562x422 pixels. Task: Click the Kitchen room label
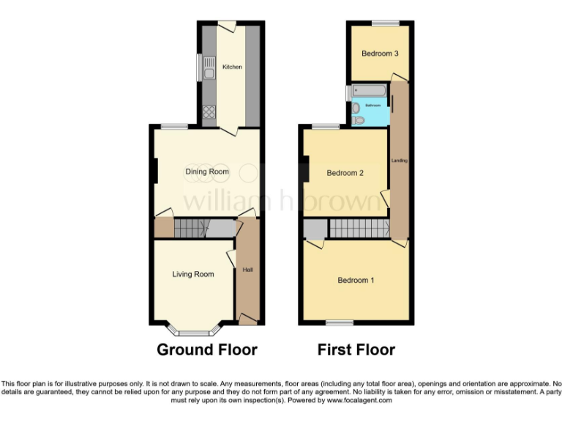click(232, 67)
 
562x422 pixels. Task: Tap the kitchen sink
click(209, 73)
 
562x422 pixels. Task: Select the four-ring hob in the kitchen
click(209, 112)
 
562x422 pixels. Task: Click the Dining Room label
click(206, 171)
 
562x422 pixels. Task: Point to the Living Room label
click(193, 274)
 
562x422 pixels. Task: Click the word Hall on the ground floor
click(248, 270)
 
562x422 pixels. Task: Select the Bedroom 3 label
click(380, 53)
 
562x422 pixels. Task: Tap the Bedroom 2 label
click(345, 173)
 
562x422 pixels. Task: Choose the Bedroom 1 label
click(356, 280)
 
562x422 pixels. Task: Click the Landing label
click(400, 160)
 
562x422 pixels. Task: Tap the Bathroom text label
click(374, 105)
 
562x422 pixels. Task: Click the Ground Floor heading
click(207, 349)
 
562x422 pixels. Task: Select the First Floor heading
click(356, 349)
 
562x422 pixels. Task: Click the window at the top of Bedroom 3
click(380, 23)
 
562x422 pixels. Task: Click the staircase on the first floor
click(357, 229)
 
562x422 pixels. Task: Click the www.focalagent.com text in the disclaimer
click(359, 400)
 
